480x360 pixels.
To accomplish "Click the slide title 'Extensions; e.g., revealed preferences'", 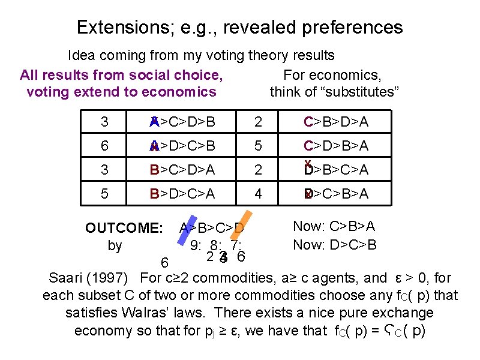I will (240, 28).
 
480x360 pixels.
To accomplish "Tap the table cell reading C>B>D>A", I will (336, 123).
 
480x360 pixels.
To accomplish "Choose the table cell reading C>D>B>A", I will (336, 146).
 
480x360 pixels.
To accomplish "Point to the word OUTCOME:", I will (124, 229).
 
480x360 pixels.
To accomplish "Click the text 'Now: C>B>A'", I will (334, 226).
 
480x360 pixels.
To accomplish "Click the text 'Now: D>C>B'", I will (334, 245).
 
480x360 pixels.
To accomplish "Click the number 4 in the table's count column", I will (258, 194).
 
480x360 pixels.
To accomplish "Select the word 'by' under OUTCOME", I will (115, 245).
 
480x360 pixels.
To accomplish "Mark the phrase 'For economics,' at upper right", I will (332, 75).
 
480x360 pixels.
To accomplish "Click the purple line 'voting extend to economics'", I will (121, 92).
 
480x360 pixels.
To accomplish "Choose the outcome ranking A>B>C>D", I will (212, 229).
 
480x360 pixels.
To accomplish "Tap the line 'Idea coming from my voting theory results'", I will (201, 56).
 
